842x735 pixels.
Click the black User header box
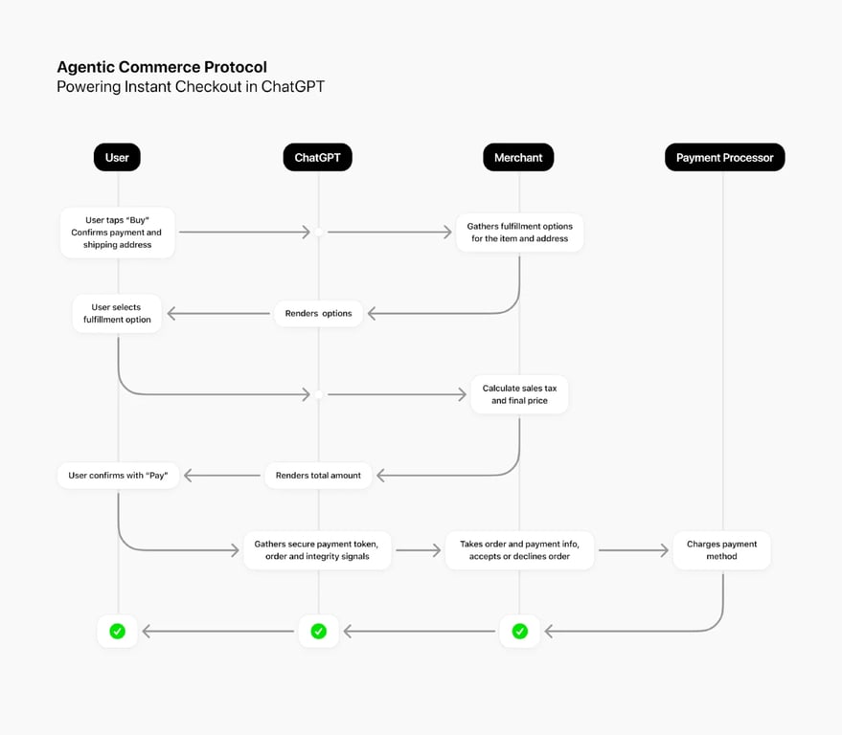[117, 157]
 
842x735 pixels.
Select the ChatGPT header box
[317, 157]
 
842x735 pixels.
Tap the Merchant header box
[518, 157]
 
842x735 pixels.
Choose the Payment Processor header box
[724, 157]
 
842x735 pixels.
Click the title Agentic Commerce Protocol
[162, 67]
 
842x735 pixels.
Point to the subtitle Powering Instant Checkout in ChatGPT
[191, 87]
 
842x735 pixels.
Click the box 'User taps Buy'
[117, 233]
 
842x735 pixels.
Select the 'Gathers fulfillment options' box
[519, 233]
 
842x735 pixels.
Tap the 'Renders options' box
[318, 313]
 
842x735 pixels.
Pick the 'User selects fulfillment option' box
[117, 313]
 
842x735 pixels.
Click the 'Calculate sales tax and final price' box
[519, 394]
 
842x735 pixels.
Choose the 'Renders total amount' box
[318, 475]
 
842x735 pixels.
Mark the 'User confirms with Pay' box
[118, 475]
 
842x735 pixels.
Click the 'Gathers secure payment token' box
[317, 550]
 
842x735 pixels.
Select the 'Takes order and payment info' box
[519, 550]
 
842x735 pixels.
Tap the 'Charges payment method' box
[721, 550]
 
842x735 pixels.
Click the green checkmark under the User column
[117, 631]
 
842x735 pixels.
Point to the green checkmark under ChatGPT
[318, 631]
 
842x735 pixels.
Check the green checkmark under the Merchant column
[519, 631]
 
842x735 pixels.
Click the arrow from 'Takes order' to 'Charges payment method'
[632, 550]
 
